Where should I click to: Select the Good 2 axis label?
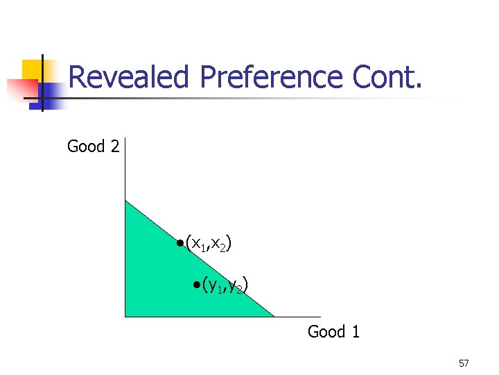pyautogui.click(x=93, y=147)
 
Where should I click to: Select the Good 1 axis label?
pyautogui.click(x=333, y=332)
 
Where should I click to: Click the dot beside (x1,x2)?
pyautogui.click(x=180, y=243)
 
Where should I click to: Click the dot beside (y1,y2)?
pyautogui.click(x=196, y=284)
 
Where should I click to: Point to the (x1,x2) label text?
pyautogui.click(x=209, y=244)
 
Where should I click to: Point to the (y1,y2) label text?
pyautogui.click(x=225, y=285)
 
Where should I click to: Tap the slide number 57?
pyautogui.click(x=464, y=364)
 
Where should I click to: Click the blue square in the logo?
pyautogui.click(x=50, y=94)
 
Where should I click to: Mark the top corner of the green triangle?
pyautogui.click(x=125, y=201)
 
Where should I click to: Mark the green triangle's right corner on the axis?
pyautogui.click(x=274, y=317)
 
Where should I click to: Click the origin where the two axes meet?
pyautogui.click(x=125, y=317)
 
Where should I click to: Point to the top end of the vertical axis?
pyautogui.click(x=125, y=140)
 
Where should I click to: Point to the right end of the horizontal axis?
pyautogui.click(x=320, y=317)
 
